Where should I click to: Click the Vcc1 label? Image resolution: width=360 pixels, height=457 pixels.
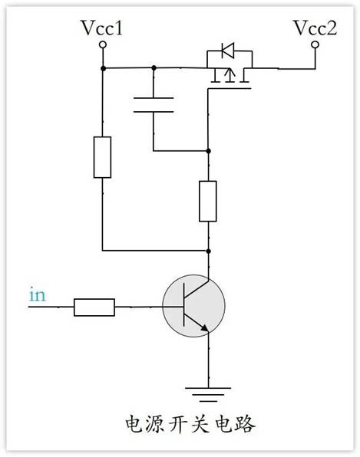(x=102, y=28)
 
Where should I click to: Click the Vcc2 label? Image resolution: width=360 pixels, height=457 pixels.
(x=314, y=28)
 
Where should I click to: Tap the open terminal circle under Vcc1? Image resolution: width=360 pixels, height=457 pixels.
(x=102, y=46)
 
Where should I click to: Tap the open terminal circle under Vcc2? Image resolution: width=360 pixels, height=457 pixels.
(x=314, y=46)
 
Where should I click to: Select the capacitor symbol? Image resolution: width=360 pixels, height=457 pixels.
(x=154, y=105)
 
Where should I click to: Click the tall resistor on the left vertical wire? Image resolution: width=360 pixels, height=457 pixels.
(x=102, y=157)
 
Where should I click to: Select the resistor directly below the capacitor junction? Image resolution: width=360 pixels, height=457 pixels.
(x=208, y=201)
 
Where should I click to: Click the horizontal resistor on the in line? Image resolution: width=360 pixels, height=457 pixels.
(x=94, y=307)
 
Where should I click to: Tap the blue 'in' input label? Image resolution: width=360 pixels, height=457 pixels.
(x=36, y=294)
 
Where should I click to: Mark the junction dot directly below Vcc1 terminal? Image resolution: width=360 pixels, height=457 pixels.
(x=102, y=67)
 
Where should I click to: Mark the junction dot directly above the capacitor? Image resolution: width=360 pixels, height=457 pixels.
(x=154, y=67)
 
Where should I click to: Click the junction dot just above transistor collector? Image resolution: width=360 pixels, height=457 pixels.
(x=208, y=250)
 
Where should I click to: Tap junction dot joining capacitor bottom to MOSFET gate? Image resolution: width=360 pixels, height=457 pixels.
(x=208, y=150)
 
